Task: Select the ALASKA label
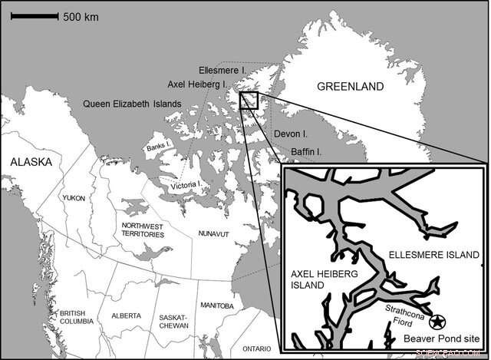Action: coord(30,162)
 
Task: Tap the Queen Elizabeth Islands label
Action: coord(132,104)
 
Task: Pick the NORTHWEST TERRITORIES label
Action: coord(143,230)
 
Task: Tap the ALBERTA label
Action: coord(125,315)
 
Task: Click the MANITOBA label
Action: coord(216,306)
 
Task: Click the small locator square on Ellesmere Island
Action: coord(249,100)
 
